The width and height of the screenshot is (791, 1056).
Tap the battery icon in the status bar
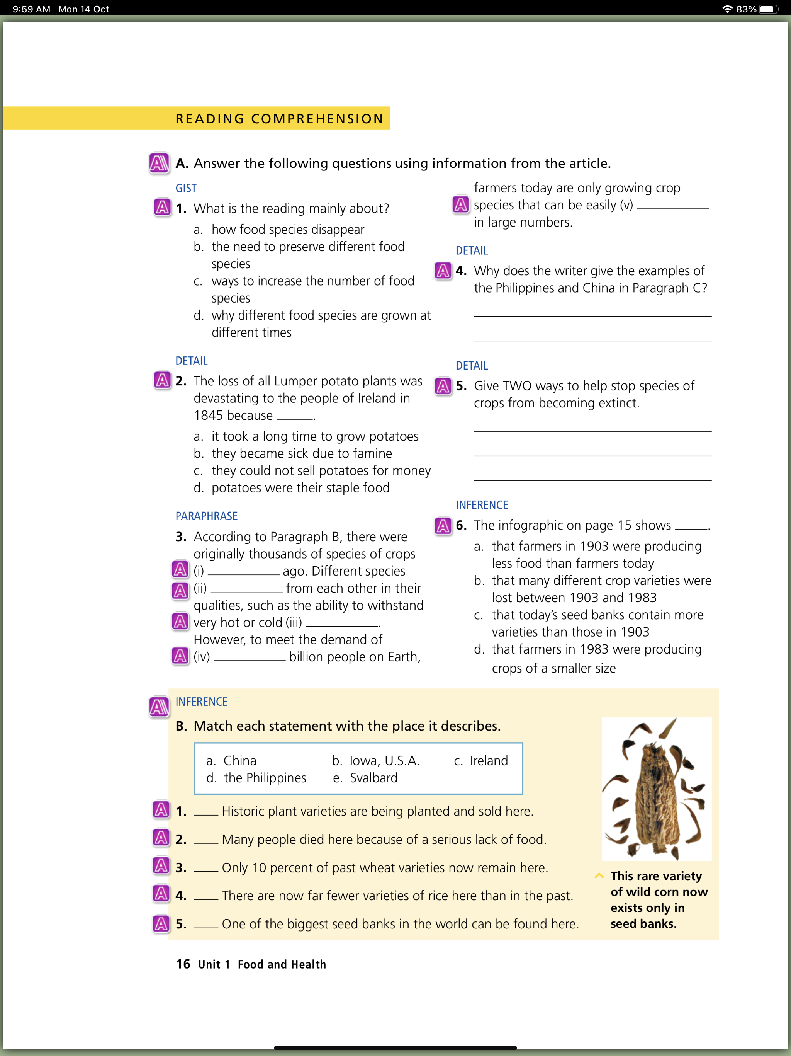pyautogui.click(x=768, y=9)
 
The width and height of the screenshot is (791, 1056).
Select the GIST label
pyautogui.click(x=186, y=188)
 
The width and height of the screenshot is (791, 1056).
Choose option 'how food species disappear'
pyautogui.click(x=288, y=230)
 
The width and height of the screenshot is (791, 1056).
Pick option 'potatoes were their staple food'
pyautogui.click(x=300, y=488)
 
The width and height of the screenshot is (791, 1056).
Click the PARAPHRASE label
pyautogui.click(x=206, y=516)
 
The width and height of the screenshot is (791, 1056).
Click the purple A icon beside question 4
pyautogui.click(x=443, y=271)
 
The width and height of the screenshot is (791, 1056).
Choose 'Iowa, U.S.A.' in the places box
pyautogui.click(x=384, y=760)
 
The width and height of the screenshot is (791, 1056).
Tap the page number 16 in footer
pyautogui.click(x=183, y=964)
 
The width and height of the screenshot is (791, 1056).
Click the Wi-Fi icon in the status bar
pyautogui.click(x=726, y=9)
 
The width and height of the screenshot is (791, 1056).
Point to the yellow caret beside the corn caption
pyautogui.click(x=599, y=875)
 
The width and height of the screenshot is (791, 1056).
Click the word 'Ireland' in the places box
pyautogui.click(x=489, y=760)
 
